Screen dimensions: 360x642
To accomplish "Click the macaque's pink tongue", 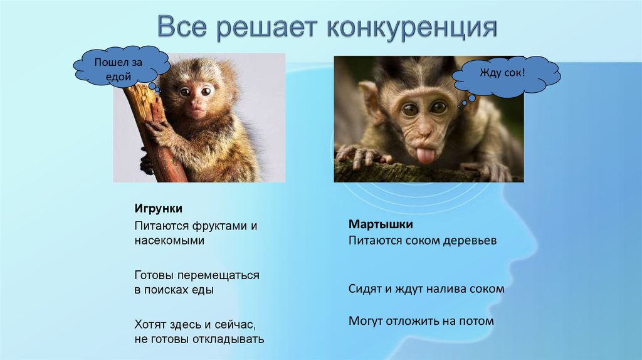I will (x=426, y=154).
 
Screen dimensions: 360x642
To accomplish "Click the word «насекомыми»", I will (x=169, y=240).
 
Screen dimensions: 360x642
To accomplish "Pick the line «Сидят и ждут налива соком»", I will (x=426, y=289).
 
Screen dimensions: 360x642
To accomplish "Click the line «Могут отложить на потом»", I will (x=421, y=321).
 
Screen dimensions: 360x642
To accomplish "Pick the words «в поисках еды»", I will (x=174, y=290).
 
